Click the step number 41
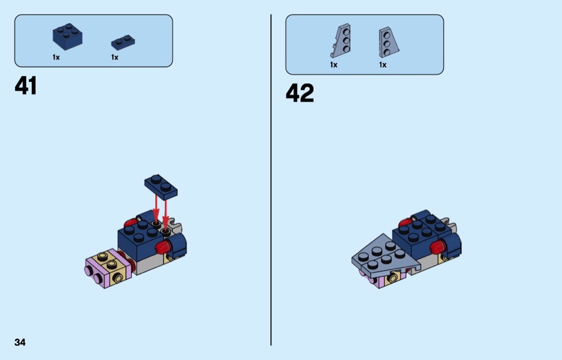(26, 86)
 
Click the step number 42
(300, 93)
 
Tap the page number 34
(20, 342)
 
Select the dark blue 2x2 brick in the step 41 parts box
(67, 36)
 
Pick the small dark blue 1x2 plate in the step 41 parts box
(123, 42)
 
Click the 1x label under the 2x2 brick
(56, 57)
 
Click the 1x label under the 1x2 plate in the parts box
(115, 57)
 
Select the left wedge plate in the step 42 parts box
(340, 41)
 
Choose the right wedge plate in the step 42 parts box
(389, 42)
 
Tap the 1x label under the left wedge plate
(333, 65)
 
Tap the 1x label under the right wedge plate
(383, 65)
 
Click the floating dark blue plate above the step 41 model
(161, 187)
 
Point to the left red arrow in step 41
(156, 209)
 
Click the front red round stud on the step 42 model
(438, 247)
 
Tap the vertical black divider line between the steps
(271, 180)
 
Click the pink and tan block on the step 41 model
(108, 268)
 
